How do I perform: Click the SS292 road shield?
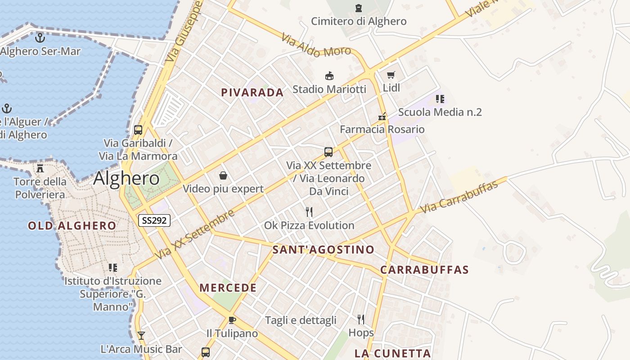pos(154,220)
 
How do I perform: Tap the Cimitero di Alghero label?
pos(359,21)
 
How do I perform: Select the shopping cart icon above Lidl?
pos(391,75)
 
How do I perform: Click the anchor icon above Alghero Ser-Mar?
pos(40,38)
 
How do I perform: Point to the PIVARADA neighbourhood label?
pos(252,93)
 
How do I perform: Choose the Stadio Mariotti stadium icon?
pos(329,76)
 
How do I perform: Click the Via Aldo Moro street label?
pos(315,45)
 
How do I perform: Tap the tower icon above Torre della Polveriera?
pos(40,169)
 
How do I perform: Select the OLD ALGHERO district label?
pos(72,225)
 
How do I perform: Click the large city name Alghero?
pos(126,179)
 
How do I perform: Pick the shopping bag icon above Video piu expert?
pos(223,175)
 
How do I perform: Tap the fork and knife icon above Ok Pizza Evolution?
pos(309,212)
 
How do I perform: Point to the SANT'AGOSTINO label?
pos(324,250)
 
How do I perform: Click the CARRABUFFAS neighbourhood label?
pos(424,270)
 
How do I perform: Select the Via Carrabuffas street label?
pos(459,198)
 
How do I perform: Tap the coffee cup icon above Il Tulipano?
pos(232,320)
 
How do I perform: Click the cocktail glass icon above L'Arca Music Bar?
pos(141,336)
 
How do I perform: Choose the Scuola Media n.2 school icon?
pos(440,99)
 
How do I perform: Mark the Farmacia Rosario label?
pos(382,130)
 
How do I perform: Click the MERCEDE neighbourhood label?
pos(228,288)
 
